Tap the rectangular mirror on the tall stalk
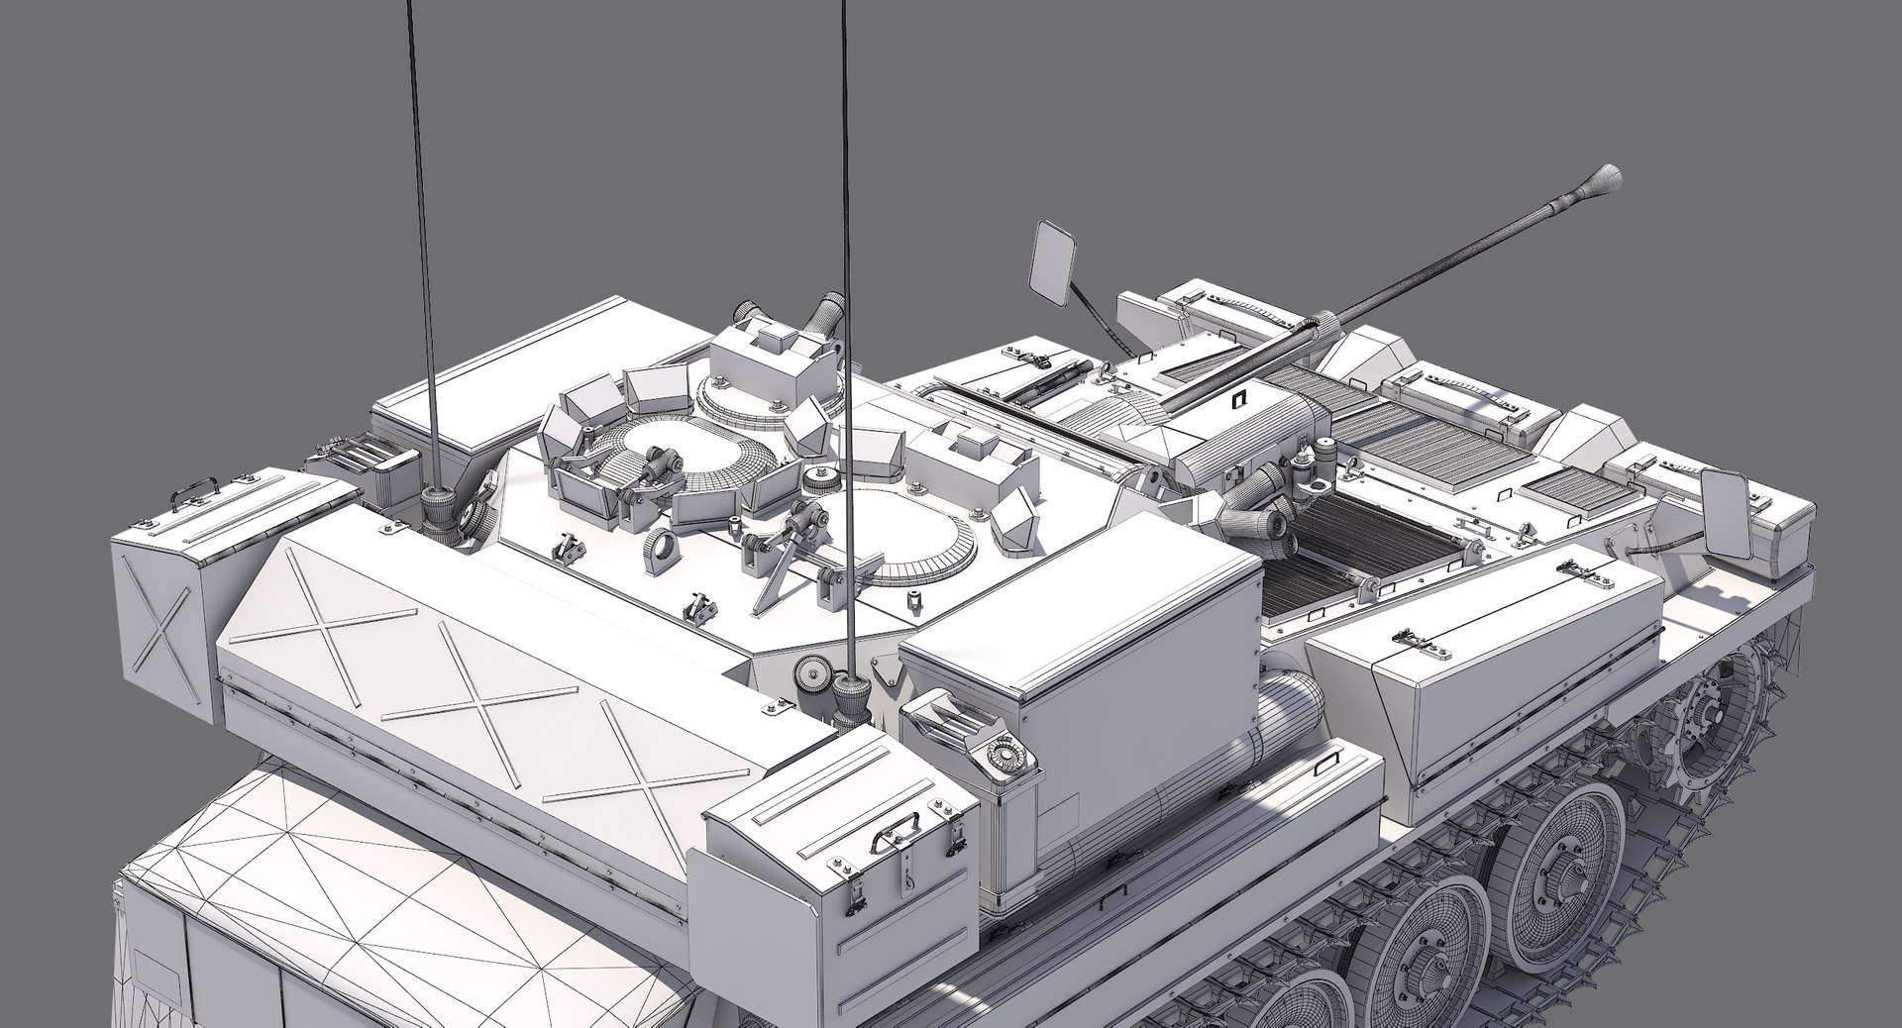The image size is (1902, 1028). (x=1054, y=259)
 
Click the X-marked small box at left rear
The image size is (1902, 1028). (x=161, y=612)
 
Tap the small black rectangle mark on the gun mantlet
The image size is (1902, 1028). (x=1236, y=400)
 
